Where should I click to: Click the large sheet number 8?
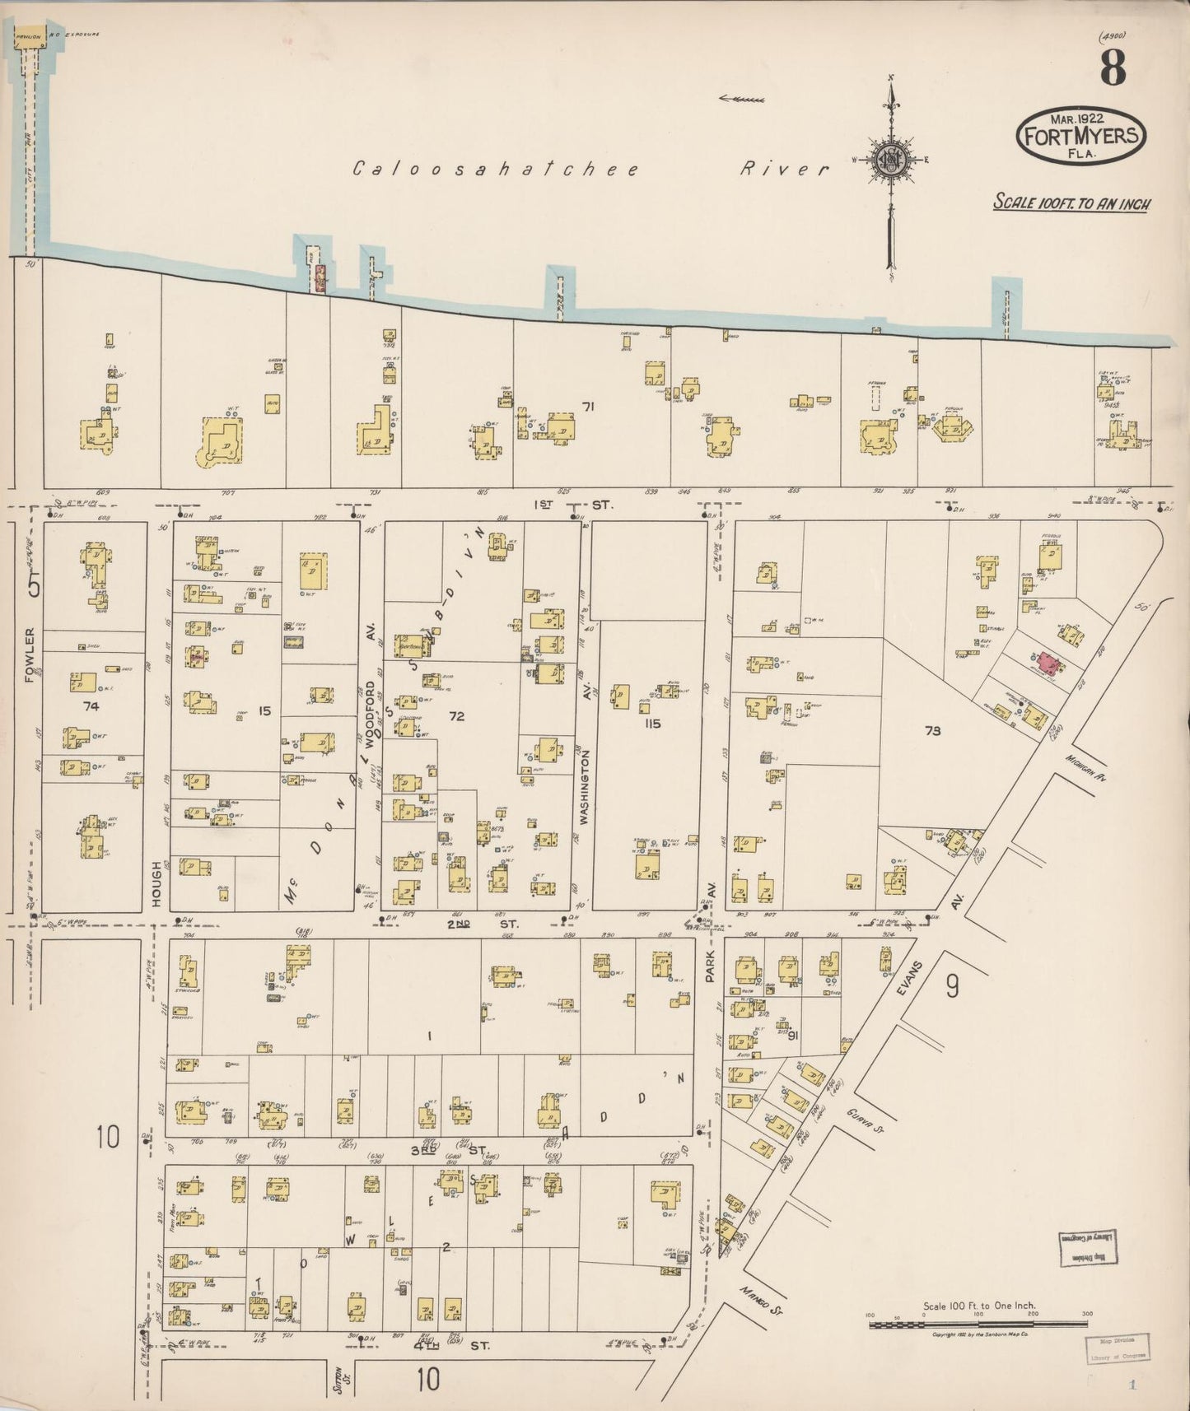(x=1112, y=68)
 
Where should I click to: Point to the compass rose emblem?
(x=891, y=159)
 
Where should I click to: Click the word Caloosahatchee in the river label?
(x=496, y=169)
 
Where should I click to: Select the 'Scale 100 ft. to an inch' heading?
(x=1071, y=203)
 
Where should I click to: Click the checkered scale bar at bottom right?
(x=978, y=1324)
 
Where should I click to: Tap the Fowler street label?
(x=30, y=654)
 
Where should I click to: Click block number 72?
(x=456, y=716)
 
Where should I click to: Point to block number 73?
(x=932, y=729)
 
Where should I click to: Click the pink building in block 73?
(x=1048, y=662)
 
